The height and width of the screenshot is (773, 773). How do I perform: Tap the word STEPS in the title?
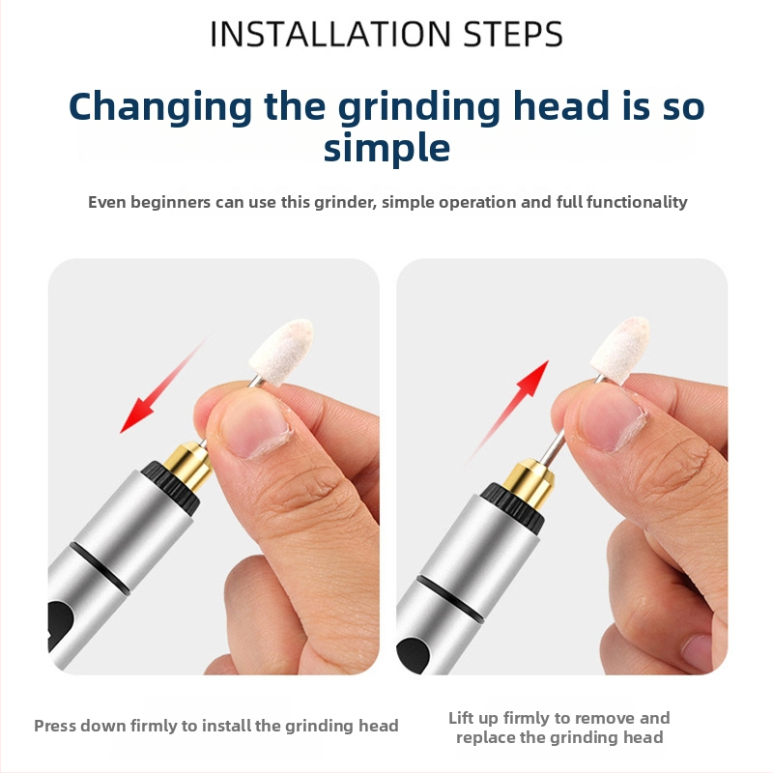point(513,34)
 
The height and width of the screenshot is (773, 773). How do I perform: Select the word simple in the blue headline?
point(387,149)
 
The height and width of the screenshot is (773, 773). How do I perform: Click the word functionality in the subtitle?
point(637,202)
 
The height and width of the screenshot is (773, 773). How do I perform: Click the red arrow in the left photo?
point(165,384)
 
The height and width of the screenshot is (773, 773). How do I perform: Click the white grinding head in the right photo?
point(619,349)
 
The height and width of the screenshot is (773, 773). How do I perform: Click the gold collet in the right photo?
point(529,484)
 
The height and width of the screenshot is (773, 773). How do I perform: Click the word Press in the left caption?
point(55,726)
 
